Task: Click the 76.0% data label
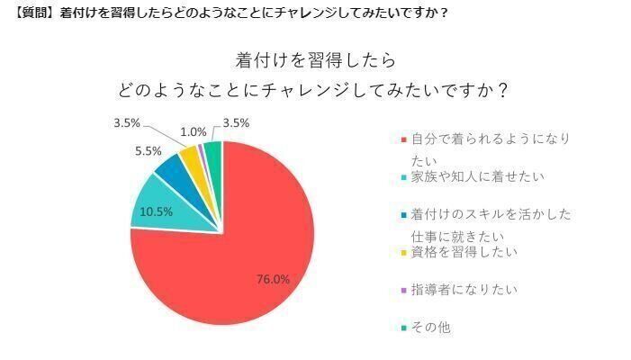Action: (272, 279)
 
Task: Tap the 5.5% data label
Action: (148, 151)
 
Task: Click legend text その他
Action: (431, 328)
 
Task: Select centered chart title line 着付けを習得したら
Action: (315, 61)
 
